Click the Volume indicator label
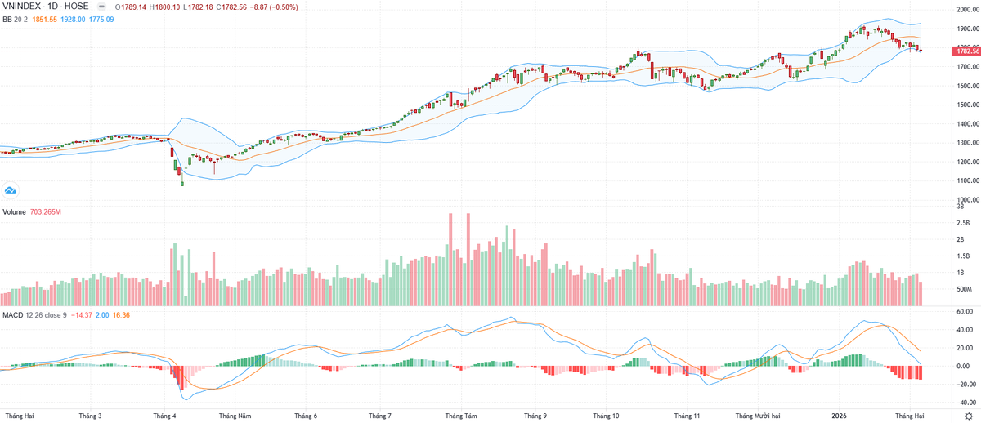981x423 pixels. click(x=15, y=212)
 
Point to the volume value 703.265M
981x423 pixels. click(x=51, y=212)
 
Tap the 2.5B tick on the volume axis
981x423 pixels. click(x=963, y=223)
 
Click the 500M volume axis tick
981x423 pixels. click(x=963, y=290)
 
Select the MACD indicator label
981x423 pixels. click(x=12, y=314)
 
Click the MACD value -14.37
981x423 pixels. click(x=82, y=314)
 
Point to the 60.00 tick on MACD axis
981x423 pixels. click(x=965, y=312)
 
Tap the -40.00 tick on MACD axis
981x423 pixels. click(x=965, y=403)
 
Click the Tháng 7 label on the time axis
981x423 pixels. click(x=380, y=416)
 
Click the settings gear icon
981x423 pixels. click(x=968, y=416)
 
